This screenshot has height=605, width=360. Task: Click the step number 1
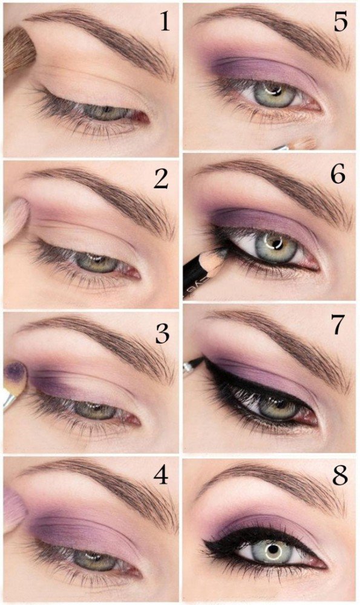[165, 22]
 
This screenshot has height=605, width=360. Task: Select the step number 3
[162, 333]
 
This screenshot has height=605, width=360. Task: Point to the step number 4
[161, 475]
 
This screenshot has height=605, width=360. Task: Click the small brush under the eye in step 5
[295, 145]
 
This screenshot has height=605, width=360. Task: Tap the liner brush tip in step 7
[194, 364]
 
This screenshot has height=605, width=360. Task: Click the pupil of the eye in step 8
[273, 549]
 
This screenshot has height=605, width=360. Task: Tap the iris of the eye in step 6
[275, 246]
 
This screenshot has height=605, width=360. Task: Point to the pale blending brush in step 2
[15, 220]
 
